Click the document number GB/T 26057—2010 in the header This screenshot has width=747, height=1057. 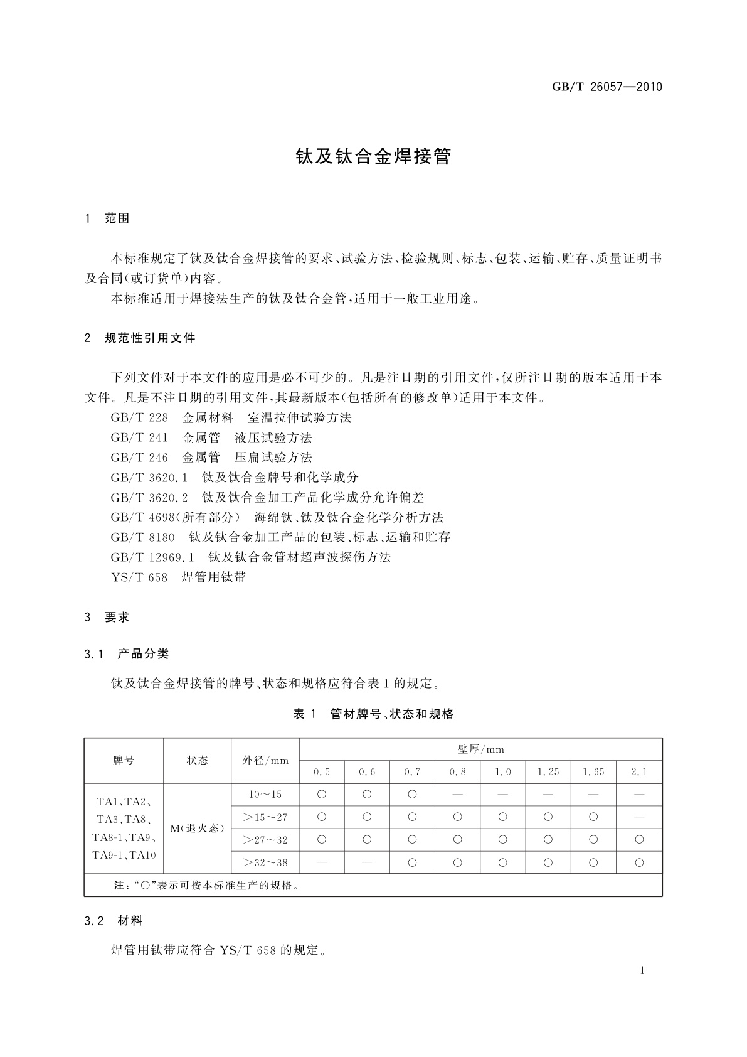tap(607, 87)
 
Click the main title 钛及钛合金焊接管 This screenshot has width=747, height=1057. tap(373, 156)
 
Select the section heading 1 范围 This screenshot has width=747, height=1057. tap(107, 218)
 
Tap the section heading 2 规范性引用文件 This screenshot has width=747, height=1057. tap(140, 338)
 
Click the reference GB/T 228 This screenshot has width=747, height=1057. tap(139, 417)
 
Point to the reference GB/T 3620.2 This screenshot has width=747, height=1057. tap(149, 497)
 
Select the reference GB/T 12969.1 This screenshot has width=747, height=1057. tap(154, 557)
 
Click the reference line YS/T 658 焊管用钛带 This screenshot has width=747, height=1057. tap(178, 577)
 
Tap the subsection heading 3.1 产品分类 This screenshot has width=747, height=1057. tap(127, 653)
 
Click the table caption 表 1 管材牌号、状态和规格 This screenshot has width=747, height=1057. tap(373, 714)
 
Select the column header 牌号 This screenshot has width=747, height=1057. tap(124, 760)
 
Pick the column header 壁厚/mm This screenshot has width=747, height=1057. tap(480, 749)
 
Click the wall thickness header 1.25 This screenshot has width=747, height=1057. tap(548, 771)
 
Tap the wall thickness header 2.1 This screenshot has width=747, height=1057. tap(639, 771)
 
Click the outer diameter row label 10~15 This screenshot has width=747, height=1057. tap(265, 794)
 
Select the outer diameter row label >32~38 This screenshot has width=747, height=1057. tap(265, 862)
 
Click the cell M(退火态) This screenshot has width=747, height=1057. tap(197, 828)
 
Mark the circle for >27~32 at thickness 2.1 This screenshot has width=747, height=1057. tap(639, 840)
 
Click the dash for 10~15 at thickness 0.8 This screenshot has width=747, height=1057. tap(457, 794)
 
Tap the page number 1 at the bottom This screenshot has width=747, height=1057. tap(642, 970)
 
